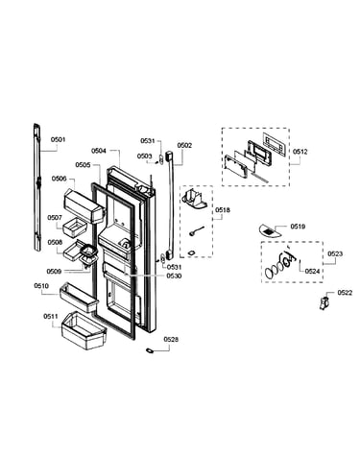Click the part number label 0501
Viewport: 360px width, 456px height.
click(x=58, y=140)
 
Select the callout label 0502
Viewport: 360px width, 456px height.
click(x=184, y=145)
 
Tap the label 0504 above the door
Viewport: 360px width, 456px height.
click(x=99, y=151)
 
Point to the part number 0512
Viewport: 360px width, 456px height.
click(x=300, y=152)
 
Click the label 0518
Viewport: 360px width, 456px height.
click(x=222, y=210)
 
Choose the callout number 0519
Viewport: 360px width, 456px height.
click(x=298, y=227)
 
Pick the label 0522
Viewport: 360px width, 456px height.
click(x=345, y=293)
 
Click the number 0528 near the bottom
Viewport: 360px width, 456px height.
click(x=171, y=340)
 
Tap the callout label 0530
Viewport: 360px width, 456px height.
click(x=174, y=276)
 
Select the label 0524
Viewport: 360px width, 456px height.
click(x=312, y=272)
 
